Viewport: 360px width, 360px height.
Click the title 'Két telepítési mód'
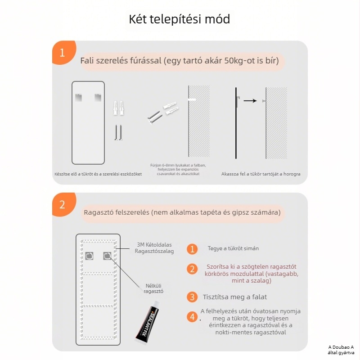click(180, 19)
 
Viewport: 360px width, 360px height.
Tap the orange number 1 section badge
click(62, 53)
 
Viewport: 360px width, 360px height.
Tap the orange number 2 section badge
click(62, 204)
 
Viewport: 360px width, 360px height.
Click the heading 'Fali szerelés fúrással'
click(179, 60)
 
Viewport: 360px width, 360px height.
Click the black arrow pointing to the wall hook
click(250, 101)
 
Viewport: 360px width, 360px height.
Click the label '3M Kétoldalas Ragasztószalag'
click(154, 248)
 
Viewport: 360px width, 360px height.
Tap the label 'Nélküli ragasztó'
click(153, 288)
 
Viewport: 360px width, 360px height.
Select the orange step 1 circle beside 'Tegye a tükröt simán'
click(192, 249)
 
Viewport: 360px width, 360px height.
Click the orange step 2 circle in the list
click(192, 269)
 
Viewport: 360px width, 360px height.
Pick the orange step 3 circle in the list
click(192, 297)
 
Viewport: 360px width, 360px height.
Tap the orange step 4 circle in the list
click(193, 317)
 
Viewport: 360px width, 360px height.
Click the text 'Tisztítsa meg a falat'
click(235, 297)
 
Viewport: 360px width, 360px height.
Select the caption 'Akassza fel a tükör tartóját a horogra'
click(261, 174)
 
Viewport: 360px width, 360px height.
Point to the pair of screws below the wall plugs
click(118, 132)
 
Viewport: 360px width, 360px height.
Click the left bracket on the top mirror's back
click(79, 96)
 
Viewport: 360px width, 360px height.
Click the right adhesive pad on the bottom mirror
click(107, 256)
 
